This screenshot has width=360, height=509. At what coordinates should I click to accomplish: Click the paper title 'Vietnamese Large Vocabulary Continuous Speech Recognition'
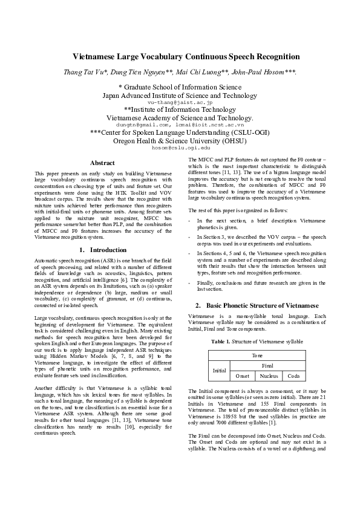(x=180, y=57)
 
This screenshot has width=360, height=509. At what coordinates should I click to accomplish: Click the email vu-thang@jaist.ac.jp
(x=180, y=103)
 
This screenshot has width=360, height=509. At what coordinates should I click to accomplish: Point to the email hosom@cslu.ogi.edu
(x=180, y=147)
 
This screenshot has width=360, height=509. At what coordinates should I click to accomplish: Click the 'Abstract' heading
(x=102, y=163)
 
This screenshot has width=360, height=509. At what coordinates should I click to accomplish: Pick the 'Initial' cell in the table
(x=219, y=371)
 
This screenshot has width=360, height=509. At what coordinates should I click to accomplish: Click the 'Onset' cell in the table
(x=241, y=375)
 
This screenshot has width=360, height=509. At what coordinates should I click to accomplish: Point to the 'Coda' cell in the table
(x=293, y=375)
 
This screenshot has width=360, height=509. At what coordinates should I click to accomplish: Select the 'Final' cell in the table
(x=267, y=366)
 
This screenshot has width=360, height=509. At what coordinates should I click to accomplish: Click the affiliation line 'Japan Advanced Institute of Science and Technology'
(x=180, y=96)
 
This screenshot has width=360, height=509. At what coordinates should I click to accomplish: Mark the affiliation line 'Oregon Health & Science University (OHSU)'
(x=180, y=140)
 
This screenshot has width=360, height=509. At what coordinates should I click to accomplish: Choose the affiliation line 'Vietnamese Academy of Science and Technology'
(x=180, y=118)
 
